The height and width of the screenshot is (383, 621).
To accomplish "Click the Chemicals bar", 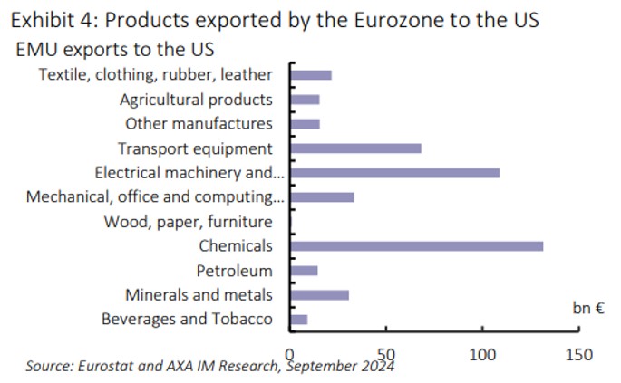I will tap(416, 245).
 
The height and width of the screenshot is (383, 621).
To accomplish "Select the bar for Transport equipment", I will tap(355, 148).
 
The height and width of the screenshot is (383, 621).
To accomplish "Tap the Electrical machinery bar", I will tap(394, 172).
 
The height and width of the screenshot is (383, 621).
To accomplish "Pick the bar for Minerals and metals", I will tap(319, 294).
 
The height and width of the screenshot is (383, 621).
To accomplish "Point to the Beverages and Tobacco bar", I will tap(298, 319).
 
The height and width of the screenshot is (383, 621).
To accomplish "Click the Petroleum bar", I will tap(303, 270).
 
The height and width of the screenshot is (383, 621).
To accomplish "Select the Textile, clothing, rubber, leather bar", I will tap(310, 74).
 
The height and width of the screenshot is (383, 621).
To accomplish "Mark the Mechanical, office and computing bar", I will tap(322, 196).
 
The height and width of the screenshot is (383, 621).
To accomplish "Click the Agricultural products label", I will tap(196, 100).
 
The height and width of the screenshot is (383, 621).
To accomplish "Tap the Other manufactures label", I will tap(199, 124).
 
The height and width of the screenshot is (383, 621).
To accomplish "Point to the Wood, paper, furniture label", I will tap(188, 222).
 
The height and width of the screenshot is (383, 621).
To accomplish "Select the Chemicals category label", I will tap(236, 246).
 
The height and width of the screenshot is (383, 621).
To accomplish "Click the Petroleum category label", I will tap(234, 271).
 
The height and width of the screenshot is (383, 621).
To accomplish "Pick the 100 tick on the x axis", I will tap(482, 354).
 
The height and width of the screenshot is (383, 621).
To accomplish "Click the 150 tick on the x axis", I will tap(578, 354).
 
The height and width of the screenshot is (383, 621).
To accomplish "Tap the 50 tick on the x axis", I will tap(386, 354).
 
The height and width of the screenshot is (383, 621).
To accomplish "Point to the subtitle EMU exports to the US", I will tap(121, 50).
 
